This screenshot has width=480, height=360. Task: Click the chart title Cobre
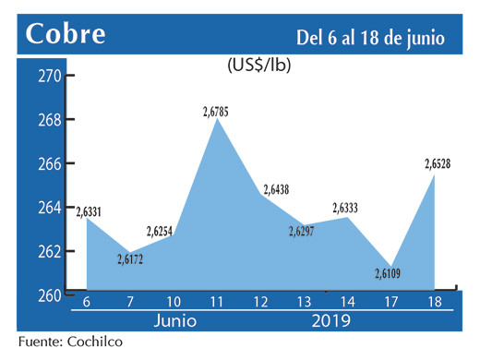pos(66,34)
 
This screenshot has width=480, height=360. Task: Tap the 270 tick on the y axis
pos(49,76)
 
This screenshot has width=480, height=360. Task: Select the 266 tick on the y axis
pos(49,163)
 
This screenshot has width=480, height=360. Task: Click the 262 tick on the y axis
pos(49,251)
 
